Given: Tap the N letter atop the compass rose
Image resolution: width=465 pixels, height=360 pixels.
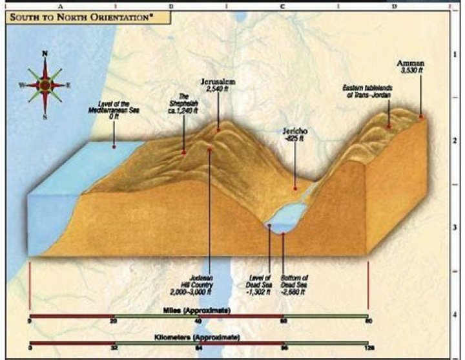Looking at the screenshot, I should pos(45,54).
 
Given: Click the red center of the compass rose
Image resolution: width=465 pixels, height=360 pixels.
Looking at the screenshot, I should pos(45,85).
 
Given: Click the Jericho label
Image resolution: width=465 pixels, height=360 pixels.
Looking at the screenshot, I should pos(295,134).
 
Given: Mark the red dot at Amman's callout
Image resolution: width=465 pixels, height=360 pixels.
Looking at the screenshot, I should pos(421,117).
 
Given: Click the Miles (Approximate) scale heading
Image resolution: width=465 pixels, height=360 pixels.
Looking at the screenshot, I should pos(200,310).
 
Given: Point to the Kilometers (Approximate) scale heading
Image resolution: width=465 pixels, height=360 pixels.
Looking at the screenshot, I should pos(200,337).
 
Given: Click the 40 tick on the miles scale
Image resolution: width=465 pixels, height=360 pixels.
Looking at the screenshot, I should pos(198,321).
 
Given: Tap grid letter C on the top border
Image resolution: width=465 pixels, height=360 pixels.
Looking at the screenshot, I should pos(282,5).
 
